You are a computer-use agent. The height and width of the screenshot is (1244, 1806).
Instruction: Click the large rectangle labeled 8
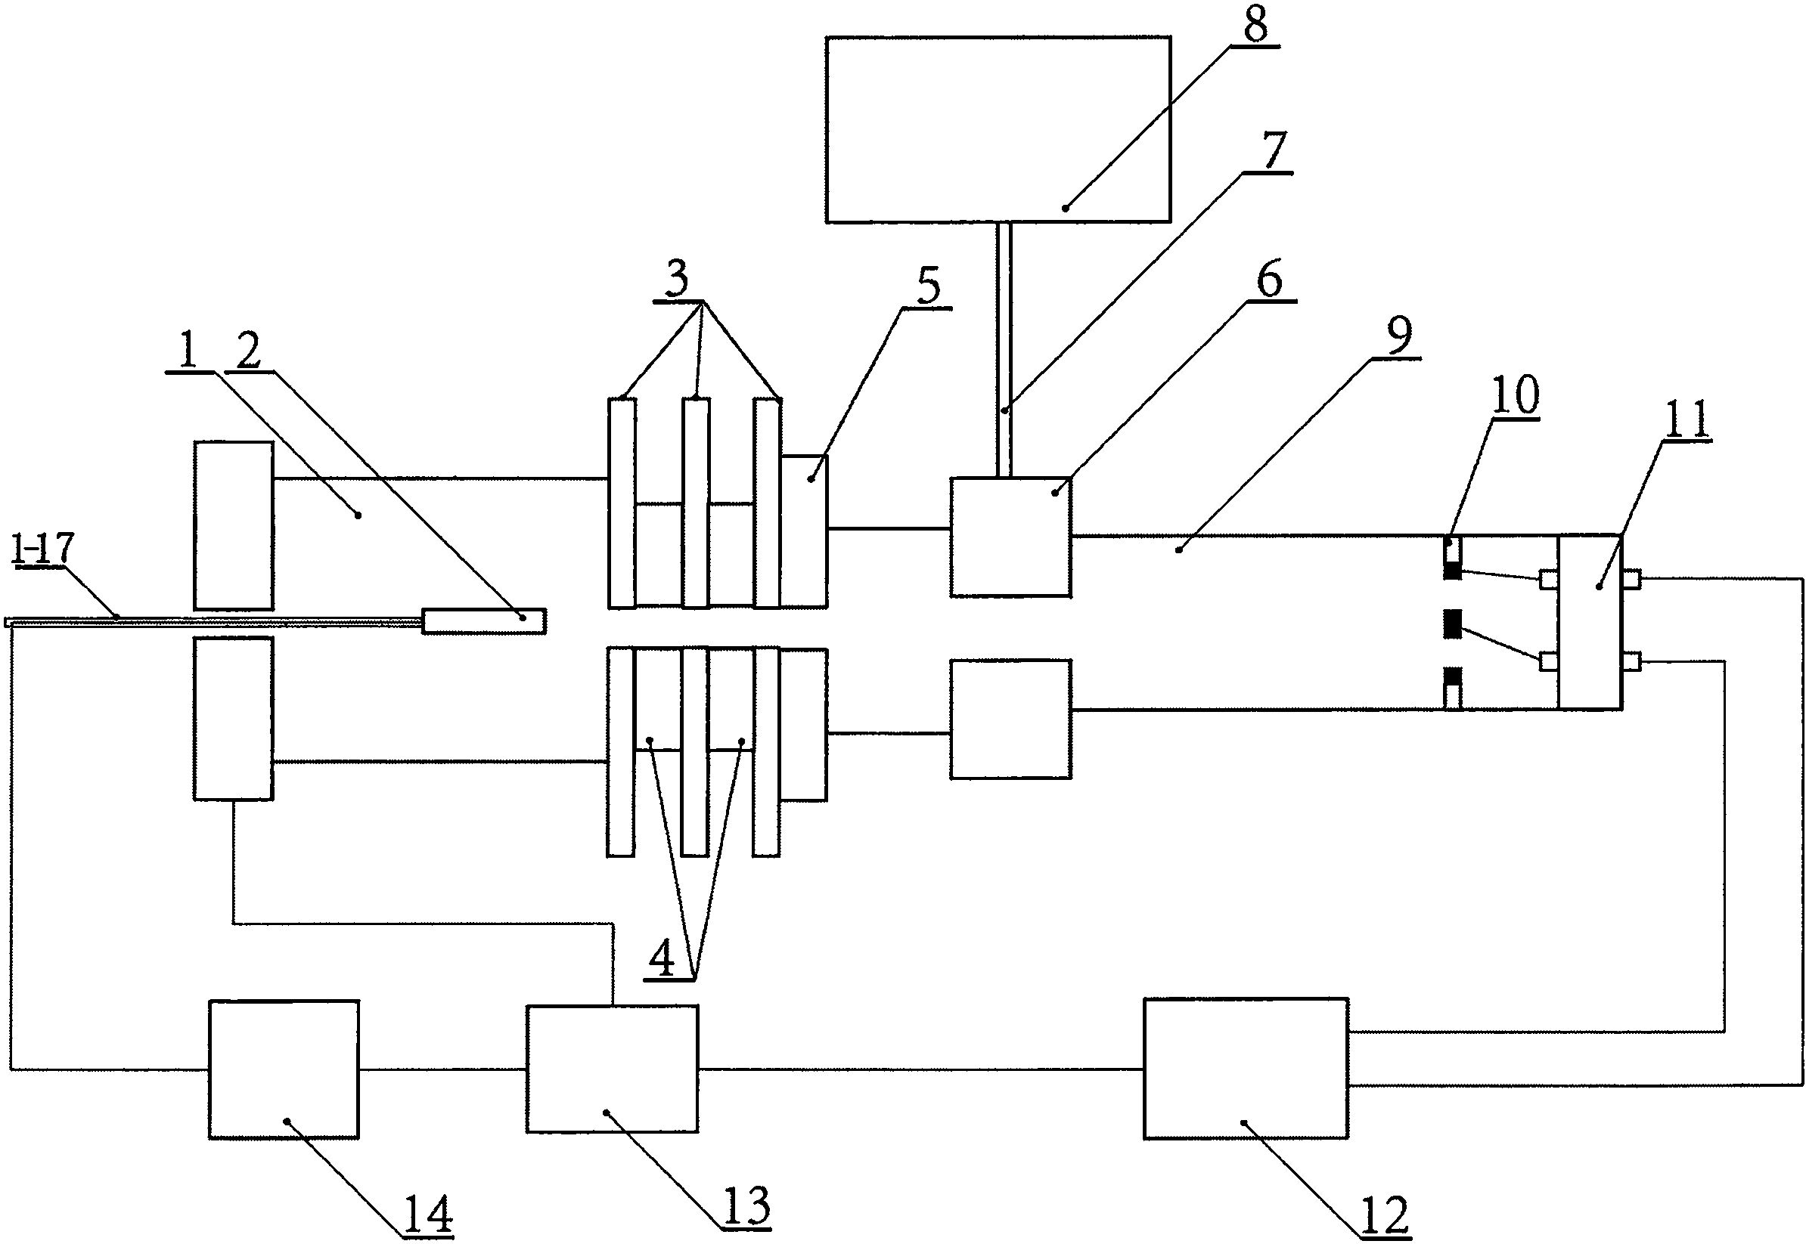point(998,129)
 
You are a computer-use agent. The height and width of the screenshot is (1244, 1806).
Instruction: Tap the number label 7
point(1274,150)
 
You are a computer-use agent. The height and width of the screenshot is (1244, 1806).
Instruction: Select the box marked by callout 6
point(1010,537)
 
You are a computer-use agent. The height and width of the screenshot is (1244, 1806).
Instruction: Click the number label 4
point(662,960)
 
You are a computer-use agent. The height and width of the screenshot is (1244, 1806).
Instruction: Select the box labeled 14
point(284,1069)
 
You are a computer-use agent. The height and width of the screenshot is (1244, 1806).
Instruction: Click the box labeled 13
point(612,1069)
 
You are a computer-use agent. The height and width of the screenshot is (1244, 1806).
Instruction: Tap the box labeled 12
point(1246,1069)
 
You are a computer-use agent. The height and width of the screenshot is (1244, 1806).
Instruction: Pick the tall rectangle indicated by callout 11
point(1589,621)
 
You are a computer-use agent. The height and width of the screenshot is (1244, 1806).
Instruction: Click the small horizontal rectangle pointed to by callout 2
point(483,620)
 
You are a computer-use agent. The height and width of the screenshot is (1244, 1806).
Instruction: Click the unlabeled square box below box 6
point(1010,719)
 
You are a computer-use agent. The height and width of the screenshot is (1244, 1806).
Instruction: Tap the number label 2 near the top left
point(249,352)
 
